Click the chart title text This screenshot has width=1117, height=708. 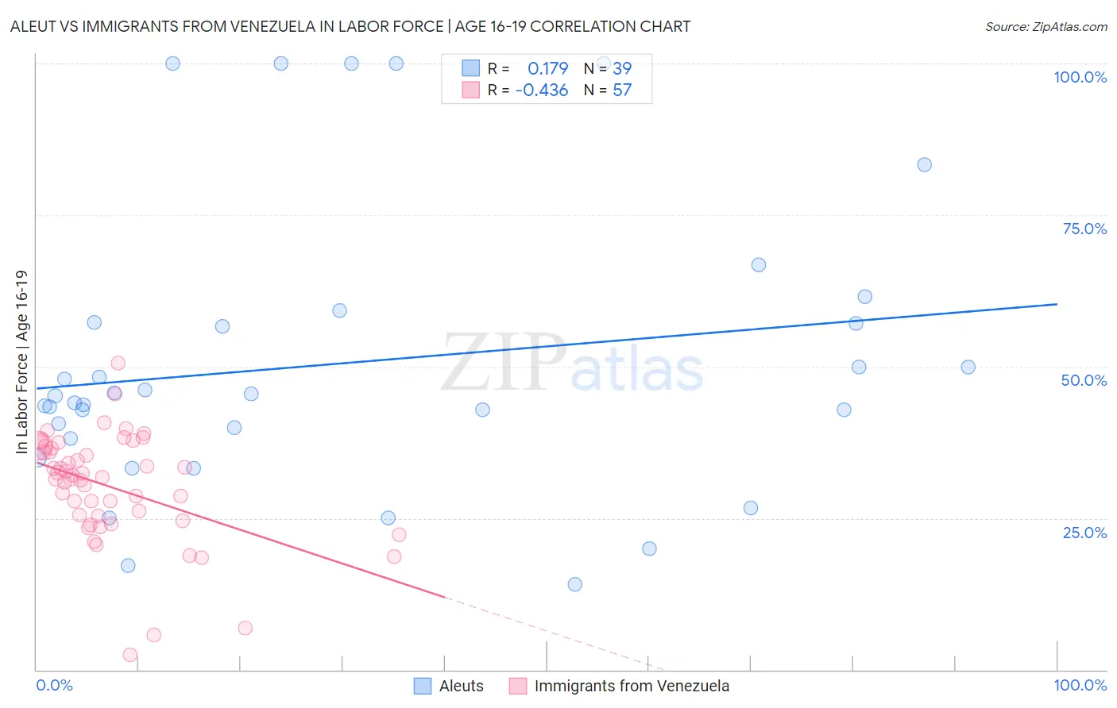[x=350, y=26]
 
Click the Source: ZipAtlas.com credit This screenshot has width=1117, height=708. [x=1045, y=26]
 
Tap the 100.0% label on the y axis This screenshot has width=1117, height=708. [x=1080, y=77]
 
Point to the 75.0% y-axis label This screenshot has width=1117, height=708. [x=1084, y=229]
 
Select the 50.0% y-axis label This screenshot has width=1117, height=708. [x=1084, y=380]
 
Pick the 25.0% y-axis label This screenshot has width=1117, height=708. [x=1084, y=532]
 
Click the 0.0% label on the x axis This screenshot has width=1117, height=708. [x=54, y=685]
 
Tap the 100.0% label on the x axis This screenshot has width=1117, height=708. [x=1080, y=685]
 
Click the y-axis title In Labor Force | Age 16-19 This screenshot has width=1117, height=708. [x=21, y=362]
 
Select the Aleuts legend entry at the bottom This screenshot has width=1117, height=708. [x=461, y=686]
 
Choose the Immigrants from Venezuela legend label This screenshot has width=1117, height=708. [x=632, y=686]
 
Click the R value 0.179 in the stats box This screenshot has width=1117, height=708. [x=547, y=69]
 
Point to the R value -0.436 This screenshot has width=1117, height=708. [x=542, y=90]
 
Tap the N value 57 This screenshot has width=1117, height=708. [x=622, y=90]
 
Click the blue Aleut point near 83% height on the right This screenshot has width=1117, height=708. [x=924, y=165]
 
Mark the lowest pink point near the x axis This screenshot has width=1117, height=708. [x=129, y=655]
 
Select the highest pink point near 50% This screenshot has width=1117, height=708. [x=118, y=363]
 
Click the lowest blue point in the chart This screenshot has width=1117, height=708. [x=575, y=584]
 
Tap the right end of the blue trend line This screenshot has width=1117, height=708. [x=1057, y=304]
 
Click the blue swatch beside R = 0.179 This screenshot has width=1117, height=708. [x=471, y=69]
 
